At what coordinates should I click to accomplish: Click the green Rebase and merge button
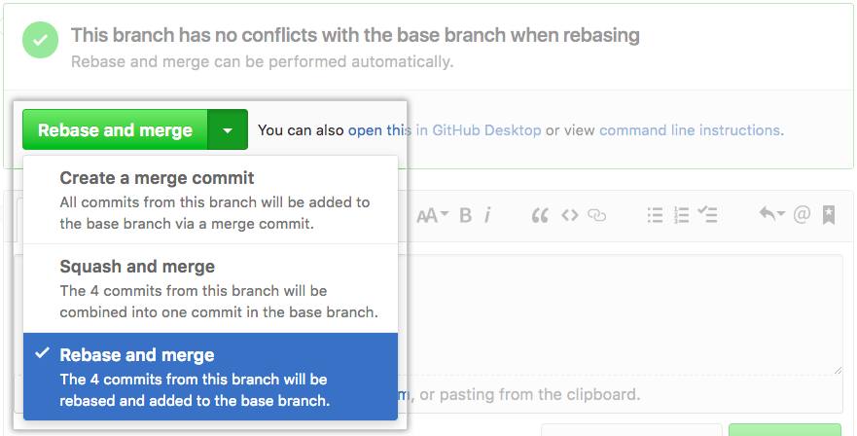(x=115, y=130)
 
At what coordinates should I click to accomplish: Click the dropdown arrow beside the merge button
(x=228, y=130)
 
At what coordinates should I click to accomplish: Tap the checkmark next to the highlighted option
(x=42, y=354)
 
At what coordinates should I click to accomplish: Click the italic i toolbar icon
(x=487, y=215)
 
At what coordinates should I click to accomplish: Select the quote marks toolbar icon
(x=540, y=215)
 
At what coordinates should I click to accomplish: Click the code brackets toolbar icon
(x=569, y=215)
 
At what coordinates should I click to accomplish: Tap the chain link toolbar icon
(x=597, y=215)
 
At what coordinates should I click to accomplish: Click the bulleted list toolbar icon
(x=655, y=215)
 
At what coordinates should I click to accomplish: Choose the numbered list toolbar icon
(x=681, y=215)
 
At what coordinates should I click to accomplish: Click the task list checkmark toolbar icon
(x=708, y=215)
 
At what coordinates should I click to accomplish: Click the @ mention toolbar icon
(x=802, y=215)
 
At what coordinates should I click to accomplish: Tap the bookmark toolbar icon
(x=829, y=215)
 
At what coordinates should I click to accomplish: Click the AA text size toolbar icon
(x=432, y=215)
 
